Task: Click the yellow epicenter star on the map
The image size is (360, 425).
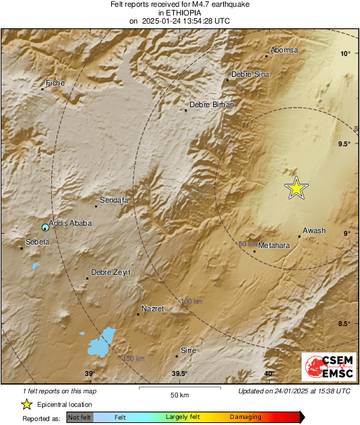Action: pos(296,189)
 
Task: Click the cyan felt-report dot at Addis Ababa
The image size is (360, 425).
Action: pos(45,228)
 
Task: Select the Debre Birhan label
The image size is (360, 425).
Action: pos(212,104)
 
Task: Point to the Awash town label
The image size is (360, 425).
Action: pos(314,230)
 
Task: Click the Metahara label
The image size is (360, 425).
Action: pos(274,246)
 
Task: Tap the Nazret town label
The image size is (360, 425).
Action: pos(154,308)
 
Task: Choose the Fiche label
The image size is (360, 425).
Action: pos(55,83)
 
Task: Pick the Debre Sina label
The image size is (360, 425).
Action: pos(250,74)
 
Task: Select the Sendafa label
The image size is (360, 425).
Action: pos(113,200)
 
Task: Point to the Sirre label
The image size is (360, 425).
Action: pos(189,350)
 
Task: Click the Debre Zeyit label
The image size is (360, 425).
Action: pos(111,272)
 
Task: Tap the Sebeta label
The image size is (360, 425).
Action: pos(37,241)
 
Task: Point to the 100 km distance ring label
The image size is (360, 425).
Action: pos(191,301)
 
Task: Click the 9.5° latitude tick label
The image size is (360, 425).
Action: pos(345,143)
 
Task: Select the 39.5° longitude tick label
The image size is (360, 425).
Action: pos(179,374)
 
